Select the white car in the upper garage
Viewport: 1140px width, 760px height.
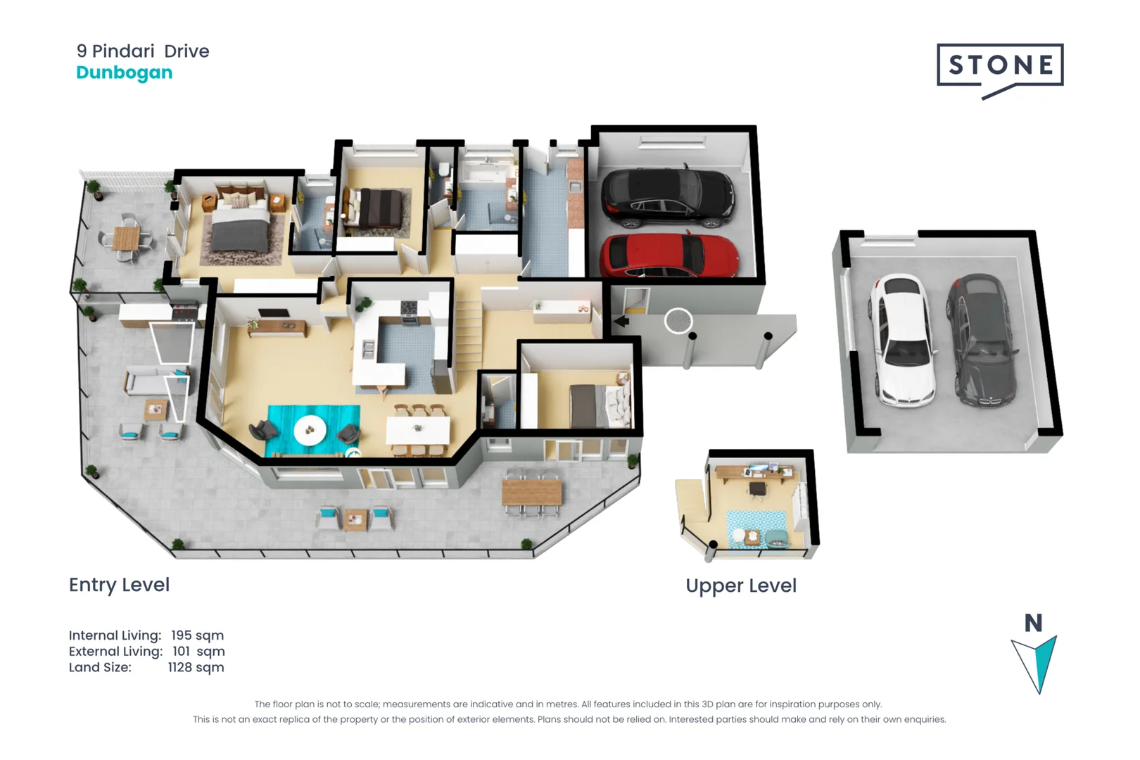pos(903,340)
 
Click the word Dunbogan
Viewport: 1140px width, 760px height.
pos(124,72)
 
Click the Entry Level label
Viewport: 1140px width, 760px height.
pos(119,585)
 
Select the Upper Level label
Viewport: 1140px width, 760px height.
pos(740,585)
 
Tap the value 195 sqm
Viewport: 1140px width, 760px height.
pos(197,635)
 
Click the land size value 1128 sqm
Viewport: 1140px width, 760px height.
pos(196,667)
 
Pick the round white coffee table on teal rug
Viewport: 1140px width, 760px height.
pos(310,429)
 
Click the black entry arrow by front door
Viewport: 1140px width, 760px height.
pos(621,322)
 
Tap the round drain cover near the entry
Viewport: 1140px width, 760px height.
pos(678,321)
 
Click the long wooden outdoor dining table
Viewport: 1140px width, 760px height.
pos(531,492)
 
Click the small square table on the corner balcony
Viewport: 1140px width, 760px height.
pos(127,238)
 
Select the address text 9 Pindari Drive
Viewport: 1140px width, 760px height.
pos(143,51)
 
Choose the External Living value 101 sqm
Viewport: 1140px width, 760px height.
pos(198,651)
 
